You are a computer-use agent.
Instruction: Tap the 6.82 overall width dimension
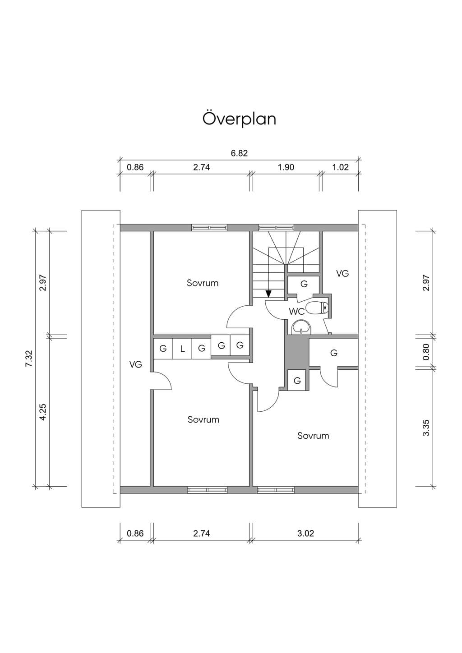pos(239,153)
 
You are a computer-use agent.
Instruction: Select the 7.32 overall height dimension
pos(28,359)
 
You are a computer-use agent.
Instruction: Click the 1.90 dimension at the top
pos(286,167)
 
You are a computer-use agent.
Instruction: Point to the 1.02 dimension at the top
pos(340,167)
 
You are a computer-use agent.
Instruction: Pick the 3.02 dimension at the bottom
pos(305,533)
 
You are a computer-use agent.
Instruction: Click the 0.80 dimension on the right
pos(426,352)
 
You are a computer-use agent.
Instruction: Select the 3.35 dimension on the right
pos(426,428)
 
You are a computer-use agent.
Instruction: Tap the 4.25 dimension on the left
pos(42,412)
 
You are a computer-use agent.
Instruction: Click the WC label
pos(296,312)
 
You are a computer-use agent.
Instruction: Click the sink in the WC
pos(301,327)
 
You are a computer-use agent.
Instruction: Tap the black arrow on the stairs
pos(268,294)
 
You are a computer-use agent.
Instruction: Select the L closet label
pos(182,349)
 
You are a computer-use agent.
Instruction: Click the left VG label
pos(136,364)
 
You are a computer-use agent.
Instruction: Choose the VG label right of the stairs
pos(342,273)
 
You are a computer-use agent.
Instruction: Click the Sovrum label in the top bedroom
pos(203,283)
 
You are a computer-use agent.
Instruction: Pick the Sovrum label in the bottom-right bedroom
pos(313,436)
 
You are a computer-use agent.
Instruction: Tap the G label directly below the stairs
pos(304,284)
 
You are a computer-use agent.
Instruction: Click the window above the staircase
pos(276,227)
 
